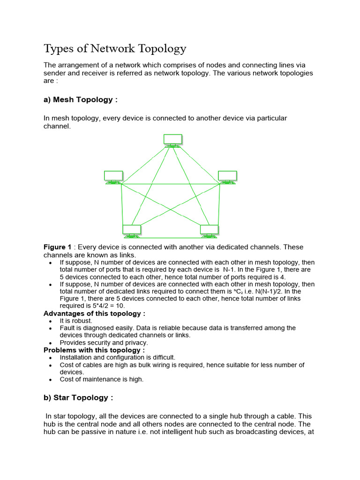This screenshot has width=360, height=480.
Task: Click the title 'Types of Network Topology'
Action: point(115,49)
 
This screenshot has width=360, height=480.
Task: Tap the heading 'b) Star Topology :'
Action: point(78,397)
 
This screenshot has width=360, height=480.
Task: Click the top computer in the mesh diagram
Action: point(173,140)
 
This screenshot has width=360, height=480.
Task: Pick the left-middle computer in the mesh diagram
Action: point(113,177)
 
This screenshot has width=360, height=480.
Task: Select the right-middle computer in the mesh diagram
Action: point(227,177)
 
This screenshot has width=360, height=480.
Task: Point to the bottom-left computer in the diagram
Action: point(132,231)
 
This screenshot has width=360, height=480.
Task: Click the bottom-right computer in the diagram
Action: point(209,231)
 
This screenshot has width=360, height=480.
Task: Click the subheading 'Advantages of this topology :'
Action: point(94,313)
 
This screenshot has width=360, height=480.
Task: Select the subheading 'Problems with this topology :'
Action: point(94,350)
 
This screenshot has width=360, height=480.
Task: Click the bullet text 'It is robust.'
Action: point(76,321)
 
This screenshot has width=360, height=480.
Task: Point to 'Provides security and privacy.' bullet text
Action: point(104,343)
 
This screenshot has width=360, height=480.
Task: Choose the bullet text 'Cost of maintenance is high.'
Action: point(102,379)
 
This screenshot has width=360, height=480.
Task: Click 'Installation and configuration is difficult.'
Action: point(117,357)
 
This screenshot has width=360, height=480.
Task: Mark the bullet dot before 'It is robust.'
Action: point(51,321)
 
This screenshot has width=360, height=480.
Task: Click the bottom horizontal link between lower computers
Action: point(171,238)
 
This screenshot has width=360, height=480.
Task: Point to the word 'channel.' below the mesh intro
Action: point(57,127)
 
